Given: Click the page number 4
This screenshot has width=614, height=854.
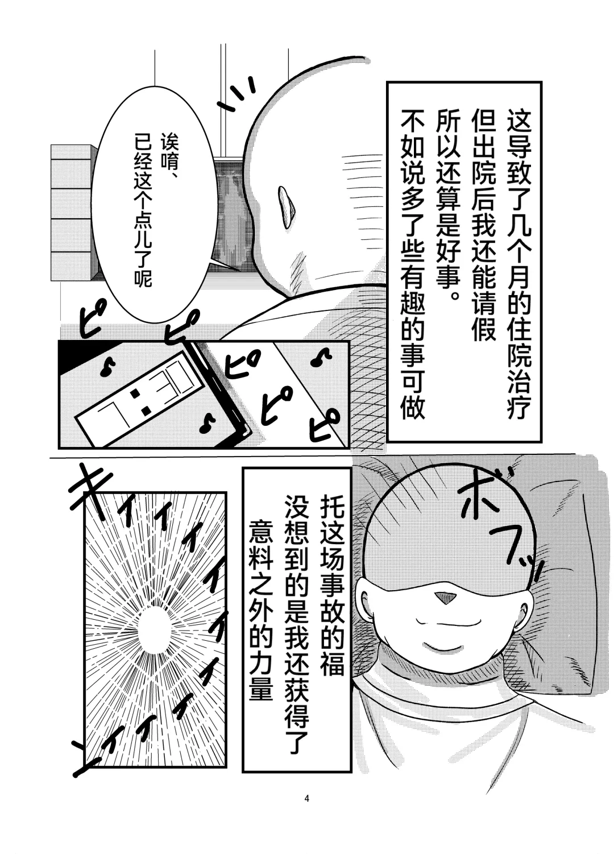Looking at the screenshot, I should coord(307,799).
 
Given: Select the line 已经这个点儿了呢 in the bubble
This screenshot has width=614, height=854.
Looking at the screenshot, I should coord(142,210).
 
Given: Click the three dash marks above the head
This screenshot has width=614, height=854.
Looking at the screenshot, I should coord(239,94).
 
